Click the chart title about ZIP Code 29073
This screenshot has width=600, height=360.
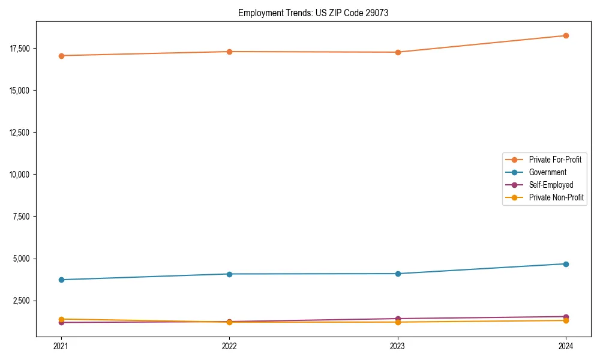click(313, 13)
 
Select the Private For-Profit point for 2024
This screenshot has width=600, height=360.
click(566, 35)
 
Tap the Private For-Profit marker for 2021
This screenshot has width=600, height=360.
click(61, 56)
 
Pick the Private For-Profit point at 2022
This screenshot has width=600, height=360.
click(229, 52)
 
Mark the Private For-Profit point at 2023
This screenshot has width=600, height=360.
click(398, 52)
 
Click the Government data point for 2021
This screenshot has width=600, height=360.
click(61, 280)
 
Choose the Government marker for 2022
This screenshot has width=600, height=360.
click(229, 274)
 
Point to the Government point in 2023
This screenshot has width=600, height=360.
click(398, 274)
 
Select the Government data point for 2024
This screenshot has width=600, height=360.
click(566, 264)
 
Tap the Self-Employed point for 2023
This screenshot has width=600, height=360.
click(398, 319)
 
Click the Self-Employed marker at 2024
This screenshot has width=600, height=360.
click(566, 317)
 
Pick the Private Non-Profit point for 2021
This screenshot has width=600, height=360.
click(61, 319)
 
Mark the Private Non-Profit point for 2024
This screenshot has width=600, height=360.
click(566, 320)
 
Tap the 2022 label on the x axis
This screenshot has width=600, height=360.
click(229, 346)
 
